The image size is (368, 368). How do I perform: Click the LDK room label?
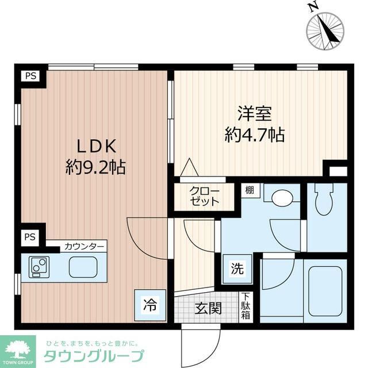pyautogui.click(x=94, y=145)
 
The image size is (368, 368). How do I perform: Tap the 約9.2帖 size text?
pyautogui.click(x=95, y=167)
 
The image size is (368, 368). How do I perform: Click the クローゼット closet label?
pyautogui.click(x=204, y=197)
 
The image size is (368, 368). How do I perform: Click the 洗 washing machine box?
pyautogui.click(x=236, y=269)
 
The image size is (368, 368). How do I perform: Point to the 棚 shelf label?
pyautogui.click(x=248, y=190)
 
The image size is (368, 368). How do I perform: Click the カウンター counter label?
pyautogui.click(x=84, y=247)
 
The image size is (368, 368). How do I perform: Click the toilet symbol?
pyautogui.click(x=325, y=202)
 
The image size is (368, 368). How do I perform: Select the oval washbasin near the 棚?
pyautogui.click(x=282, y=199)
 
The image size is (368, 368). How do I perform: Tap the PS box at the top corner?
pyautogui.click(x=30, y=76)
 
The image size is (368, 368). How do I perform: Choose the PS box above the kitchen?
pyautogui.click(x=30, y=237)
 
